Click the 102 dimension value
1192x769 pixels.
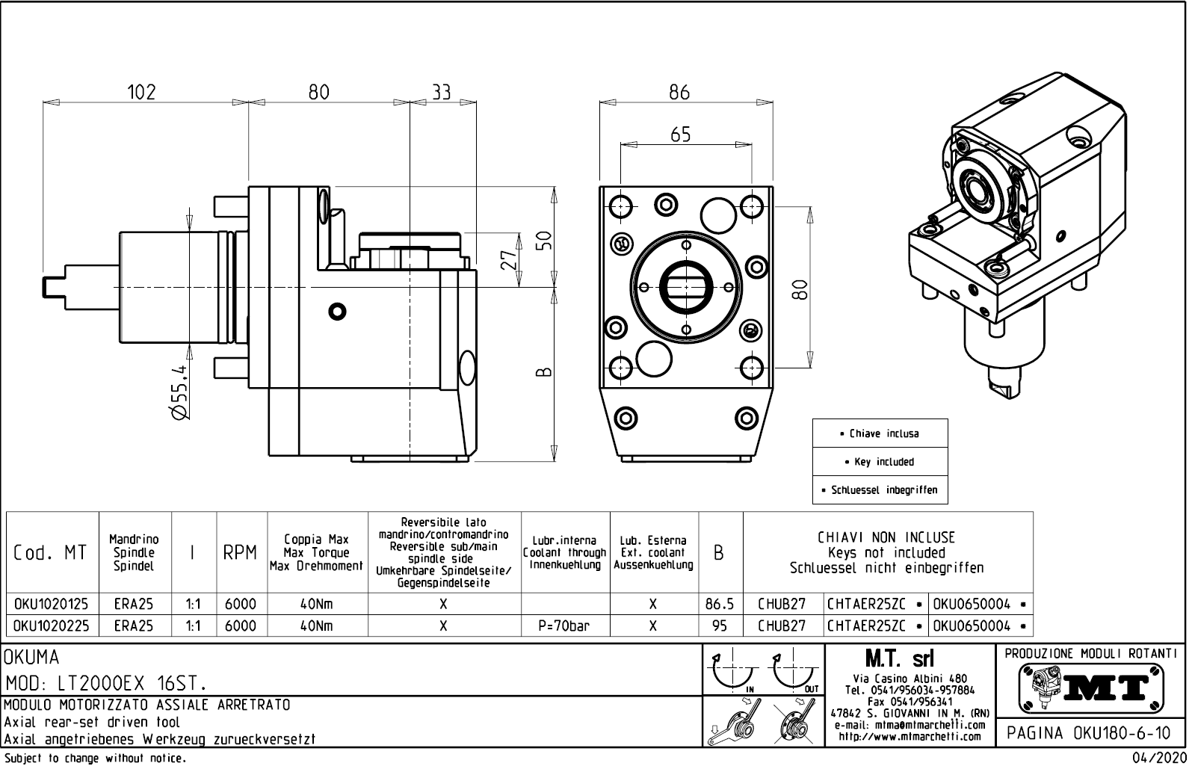point(141,92)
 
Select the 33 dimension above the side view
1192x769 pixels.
point(442,92)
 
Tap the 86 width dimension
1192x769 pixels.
point(679,93)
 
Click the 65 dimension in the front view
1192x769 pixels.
point(681,135)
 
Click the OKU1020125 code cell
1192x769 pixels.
point(52,604)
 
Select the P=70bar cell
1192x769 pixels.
point(564,626)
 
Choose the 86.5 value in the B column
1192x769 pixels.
point(720,604)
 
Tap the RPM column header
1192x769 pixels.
point(241,553)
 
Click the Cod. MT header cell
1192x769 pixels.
point(51,553)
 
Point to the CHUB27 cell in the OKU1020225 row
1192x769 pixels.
point(782,626)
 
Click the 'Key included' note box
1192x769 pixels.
point(880,462)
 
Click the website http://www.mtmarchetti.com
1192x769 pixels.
point(910,737)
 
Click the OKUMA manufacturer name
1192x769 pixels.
point(31,658)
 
